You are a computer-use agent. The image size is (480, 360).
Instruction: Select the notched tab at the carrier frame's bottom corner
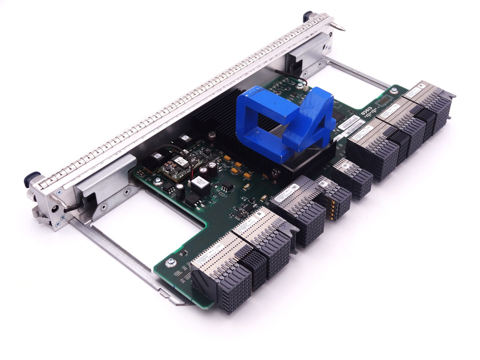[x=179, y=301]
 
